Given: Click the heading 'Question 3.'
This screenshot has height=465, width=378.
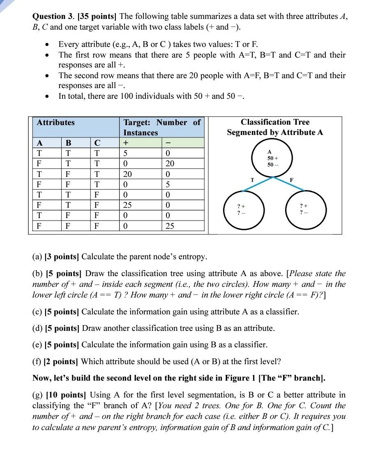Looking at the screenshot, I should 52,16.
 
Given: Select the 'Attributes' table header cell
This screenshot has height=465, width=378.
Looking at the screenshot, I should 56,123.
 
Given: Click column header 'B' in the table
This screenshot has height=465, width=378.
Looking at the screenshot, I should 68,143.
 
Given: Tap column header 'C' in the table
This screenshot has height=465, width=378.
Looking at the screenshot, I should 97,143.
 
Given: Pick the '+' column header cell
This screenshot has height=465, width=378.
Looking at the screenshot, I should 126,143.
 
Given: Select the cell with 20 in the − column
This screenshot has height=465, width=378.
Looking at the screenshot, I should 170,163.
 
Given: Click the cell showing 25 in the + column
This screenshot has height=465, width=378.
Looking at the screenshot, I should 128,205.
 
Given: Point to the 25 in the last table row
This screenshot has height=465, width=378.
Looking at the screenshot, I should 170,226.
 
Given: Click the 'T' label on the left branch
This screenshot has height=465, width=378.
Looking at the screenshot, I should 252,180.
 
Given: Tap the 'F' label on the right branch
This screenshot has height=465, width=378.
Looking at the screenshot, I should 292,180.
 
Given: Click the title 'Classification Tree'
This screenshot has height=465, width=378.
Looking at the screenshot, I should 275,122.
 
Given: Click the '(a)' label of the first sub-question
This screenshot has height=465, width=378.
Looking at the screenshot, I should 37,257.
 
